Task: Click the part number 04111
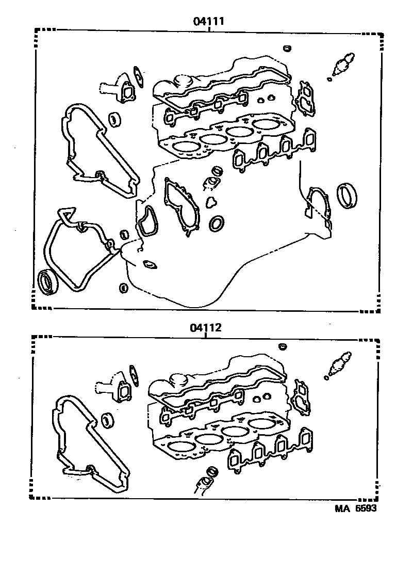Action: click(x=208, y=22)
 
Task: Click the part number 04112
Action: click(x=205, y=328)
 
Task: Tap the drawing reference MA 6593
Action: click(x=356, y=508)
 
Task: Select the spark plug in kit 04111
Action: click(x=342, y=63)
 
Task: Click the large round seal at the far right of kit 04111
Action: click(x=346, y=195)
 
